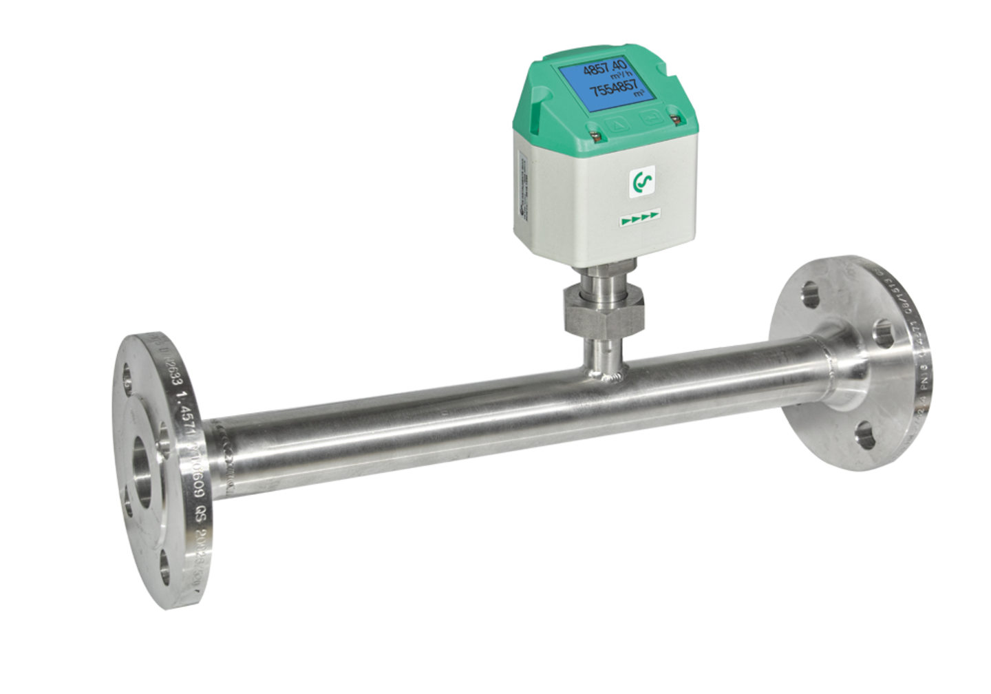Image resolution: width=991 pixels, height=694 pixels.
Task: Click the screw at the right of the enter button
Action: (x=675, y=120)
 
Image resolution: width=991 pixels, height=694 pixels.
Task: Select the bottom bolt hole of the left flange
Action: (x=165, y=566)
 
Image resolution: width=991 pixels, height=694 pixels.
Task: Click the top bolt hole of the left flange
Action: (x=127, y=375)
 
